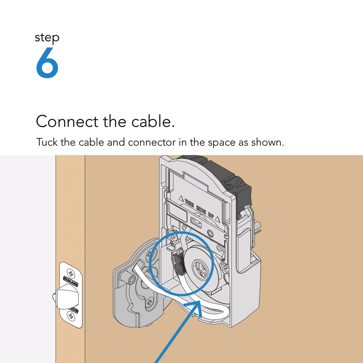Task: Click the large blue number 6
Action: click(x=47, y=63)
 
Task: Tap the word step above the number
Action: click(x=47, y=38)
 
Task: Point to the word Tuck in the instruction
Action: click(x=47, y=142)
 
